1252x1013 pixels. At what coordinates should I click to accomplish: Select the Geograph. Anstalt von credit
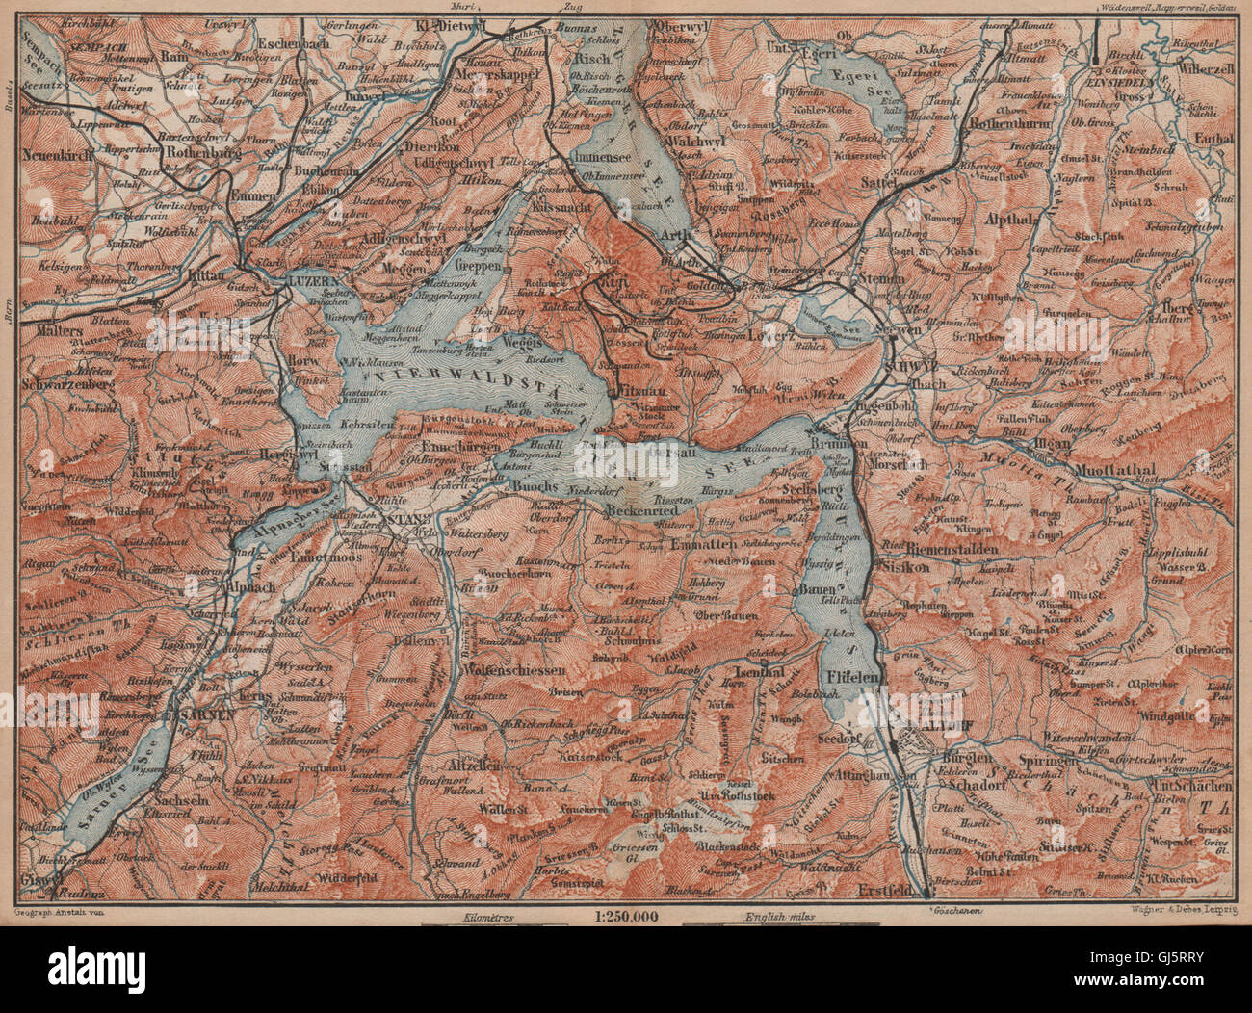click(x=60, y=906)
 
